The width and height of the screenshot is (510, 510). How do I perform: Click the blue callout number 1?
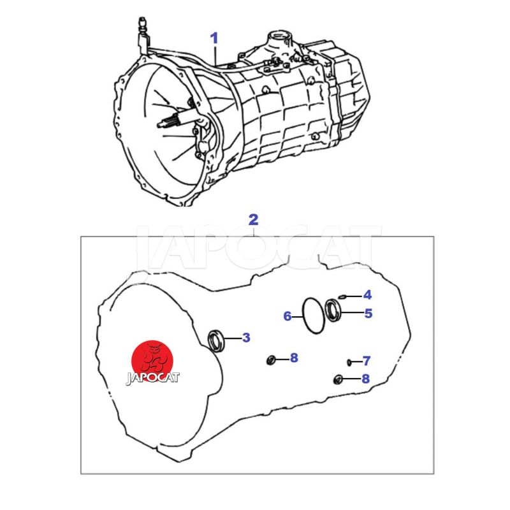click(x=214, y=38)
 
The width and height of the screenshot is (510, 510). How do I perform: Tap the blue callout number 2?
click(x=253, y=220)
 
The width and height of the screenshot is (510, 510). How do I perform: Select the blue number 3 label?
click(x=246, y=338)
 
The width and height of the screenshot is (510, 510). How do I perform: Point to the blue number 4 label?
click(x=367, y=295)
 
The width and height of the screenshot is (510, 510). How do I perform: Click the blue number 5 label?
click(x=368, y=314)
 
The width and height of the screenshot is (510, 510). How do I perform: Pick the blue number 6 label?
click(x=288, y=316)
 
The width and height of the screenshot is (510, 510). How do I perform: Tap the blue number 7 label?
click(x=367, y=361)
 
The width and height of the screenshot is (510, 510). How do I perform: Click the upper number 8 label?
click(x=294, y=358)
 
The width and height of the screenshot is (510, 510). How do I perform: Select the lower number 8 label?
click(x=365, y=379)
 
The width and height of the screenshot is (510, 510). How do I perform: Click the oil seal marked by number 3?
click(x=215, y=340)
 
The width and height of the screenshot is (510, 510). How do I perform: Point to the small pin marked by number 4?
click(x=342, y=296)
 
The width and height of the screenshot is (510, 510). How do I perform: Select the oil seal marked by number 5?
click(x=333, y=310)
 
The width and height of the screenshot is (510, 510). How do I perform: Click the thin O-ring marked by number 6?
click(x=303, y=316)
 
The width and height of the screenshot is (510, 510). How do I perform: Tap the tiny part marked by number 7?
click(x=349, y=361)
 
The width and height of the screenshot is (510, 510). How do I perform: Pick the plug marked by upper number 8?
click(x=271, y=360)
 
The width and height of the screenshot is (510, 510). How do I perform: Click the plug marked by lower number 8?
click(x=339, y=379)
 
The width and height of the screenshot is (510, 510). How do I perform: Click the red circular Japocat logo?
click(x=152, y=361)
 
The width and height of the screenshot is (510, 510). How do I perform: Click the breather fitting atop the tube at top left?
click(x=142, y=24)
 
